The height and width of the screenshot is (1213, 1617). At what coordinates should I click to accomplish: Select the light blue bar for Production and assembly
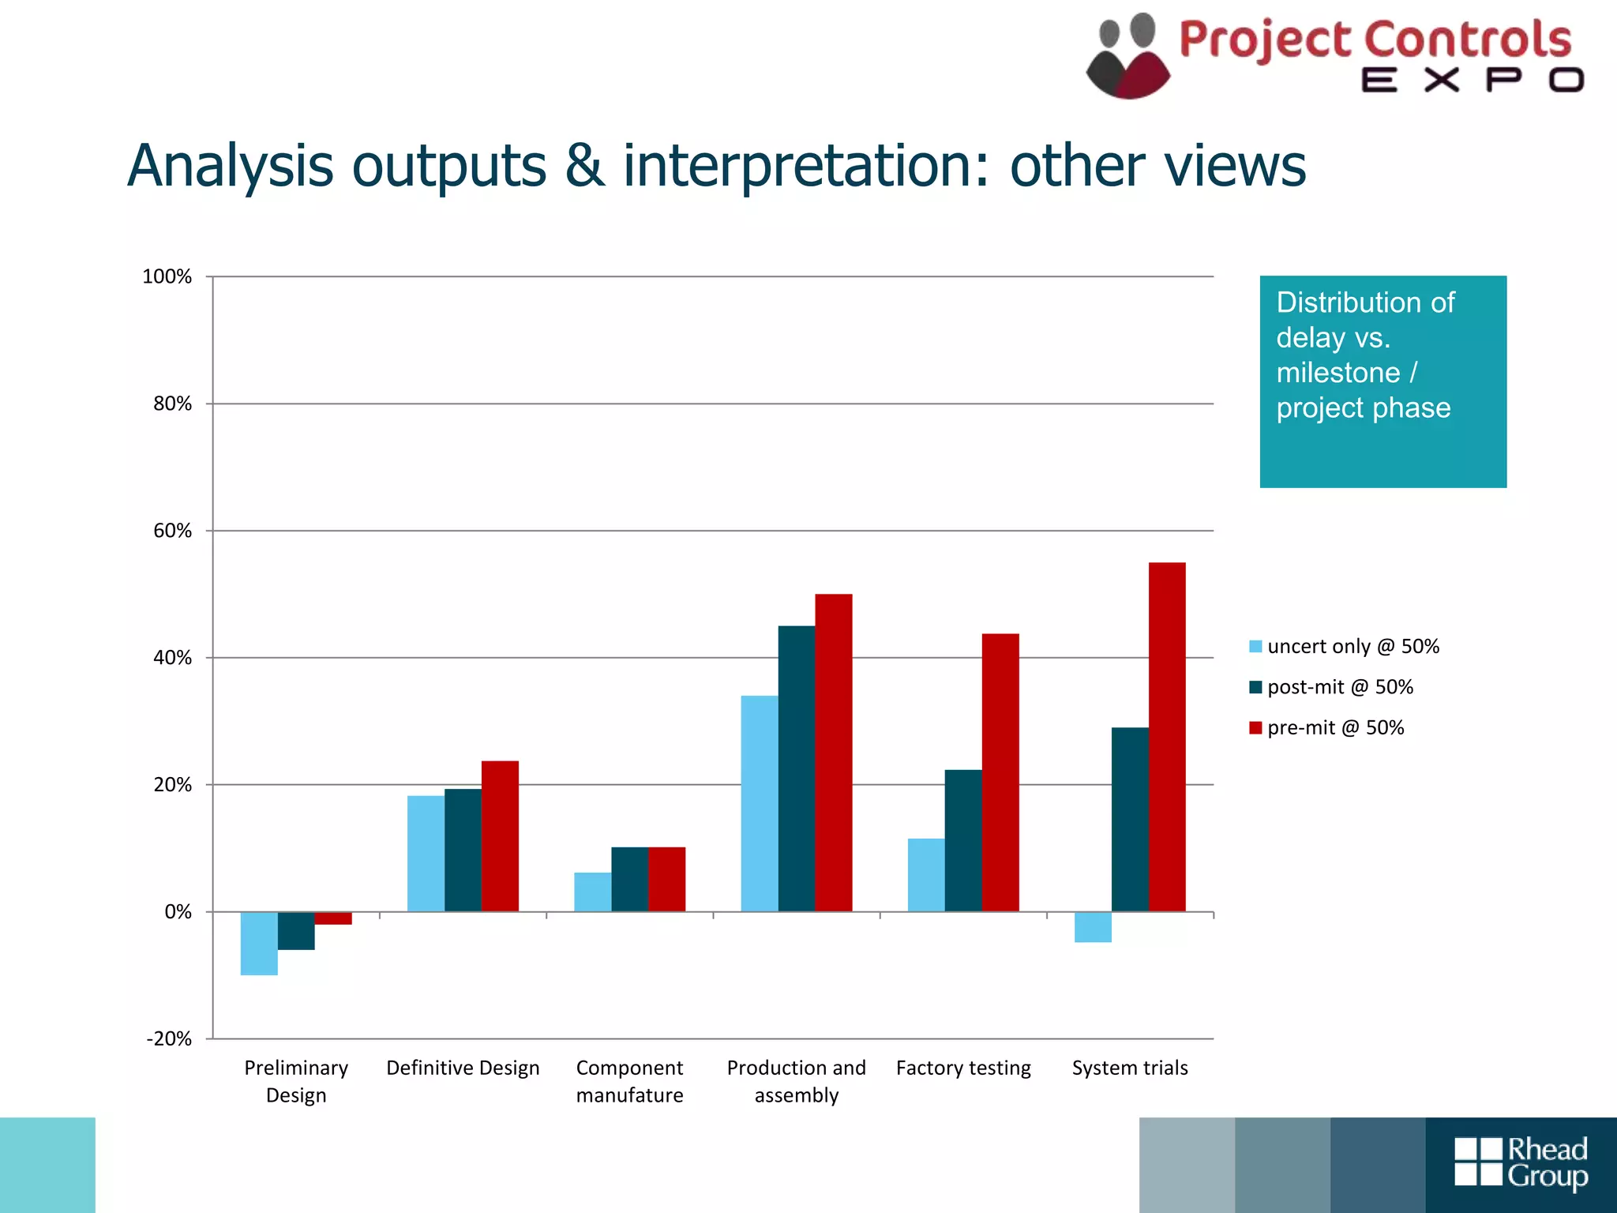pos(760,803)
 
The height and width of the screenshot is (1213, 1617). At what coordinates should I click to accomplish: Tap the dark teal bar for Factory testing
pos(963,840)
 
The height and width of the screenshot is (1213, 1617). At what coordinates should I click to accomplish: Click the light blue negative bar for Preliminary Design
pos(259,943)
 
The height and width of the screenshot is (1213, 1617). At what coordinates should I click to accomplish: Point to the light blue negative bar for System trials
pos(1093,927)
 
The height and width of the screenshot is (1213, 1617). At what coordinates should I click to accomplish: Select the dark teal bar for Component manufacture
pos(629,879)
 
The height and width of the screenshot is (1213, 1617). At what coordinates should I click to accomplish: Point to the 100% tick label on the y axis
pos(167,276)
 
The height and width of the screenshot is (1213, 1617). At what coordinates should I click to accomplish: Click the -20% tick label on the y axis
pos(169,1038)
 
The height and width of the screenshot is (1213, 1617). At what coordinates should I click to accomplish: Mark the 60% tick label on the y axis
pos(172,531)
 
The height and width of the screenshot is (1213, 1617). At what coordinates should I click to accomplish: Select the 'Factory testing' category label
pos(963,1068)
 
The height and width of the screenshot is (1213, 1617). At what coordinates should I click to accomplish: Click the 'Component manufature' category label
pos(629,1081)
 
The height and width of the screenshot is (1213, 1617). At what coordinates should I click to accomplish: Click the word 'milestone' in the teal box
pos(1338,372)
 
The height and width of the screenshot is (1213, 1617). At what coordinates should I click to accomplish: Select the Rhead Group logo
pos(1521,1162)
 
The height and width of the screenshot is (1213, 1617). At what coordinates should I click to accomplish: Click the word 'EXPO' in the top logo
pos(1473,81)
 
